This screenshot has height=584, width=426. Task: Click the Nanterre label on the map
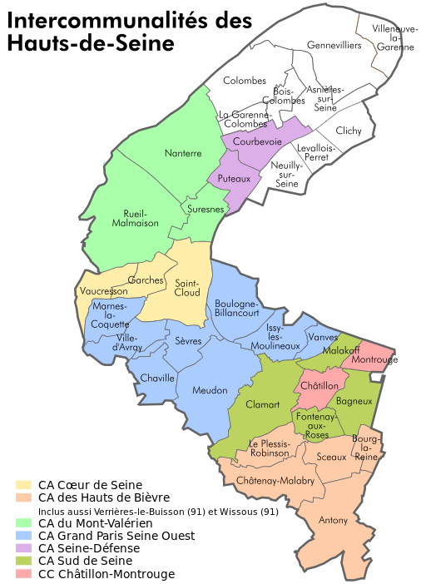(183, 153)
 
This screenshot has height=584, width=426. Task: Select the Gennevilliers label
(334, 45)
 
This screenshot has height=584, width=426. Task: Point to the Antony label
(334, 521)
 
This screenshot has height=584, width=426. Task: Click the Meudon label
(210, 390)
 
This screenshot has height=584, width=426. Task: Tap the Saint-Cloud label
(187, 289)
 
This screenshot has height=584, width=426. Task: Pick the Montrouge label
(374, 360)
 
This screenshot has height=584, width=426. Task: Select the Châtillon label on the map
(321, 386)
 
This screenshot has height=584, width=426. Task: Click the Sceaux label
(332, 458)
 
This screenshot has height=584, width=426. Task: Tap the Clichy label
(349, 131)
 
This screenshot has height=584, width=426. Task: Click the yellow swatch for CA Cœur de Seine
(24, 485)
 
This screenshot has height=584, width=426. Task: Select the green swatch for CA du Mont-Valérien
(24, 523)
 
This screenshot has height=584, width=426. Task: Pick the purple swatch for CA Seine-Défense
(24, 548)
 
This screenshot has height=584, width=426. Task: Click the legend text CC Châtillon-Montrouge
(106, 574)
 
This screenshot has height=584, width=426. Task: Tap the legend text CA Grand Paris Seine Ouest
(116, 536)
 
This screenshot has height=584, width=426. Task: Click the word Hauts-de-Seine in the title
(91, 43)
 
